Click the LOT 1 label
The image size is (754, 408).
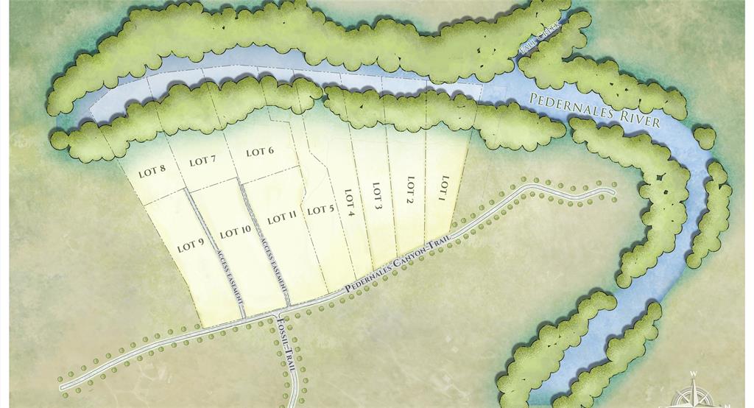(443, 188)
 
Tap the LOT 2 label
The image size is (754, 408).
(411, 190)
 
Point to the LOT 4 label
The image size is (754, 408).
(350, 203)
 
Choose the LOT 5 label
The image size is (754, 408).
(321, 210)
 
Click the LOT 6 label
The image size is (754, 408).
(260, 152)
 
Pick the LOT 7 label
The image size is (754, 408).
(202, 161)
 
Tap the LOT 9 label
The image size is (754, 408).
(190, 245)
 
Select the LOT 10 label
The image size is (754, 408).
(236, 231)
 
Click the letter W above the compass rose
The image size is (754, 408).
(693, 374)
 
